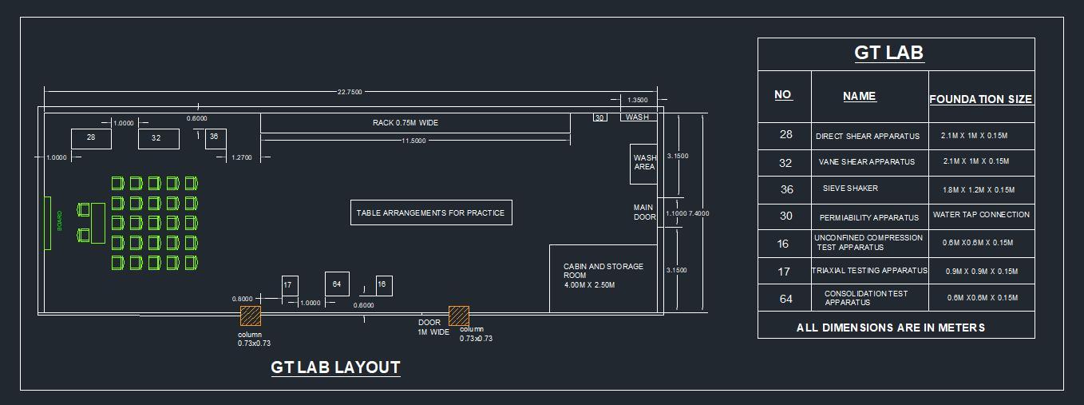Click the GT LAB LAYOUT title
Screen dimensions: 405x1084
pyautogui.click(x=335, y=367)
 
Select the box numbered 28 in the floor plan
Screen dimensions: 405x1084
pyautogui.click(x=91, y=138)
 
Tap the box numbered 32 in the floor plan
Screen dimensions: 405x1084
pyautogui.click(x=157, y=138)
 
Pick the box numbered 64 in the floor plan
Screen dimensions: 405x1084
pyautogui.click(x=337, y=284)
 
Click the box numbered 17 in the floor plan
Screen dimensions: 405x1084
pyautogui.click(x=289, y=285)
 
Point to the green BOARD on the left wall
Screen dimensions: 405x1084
pyautogui.click(x=48, y=223)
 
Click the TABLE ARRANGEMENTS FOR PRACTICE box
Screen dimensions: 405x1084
pyautogui.click(x=431, y=212)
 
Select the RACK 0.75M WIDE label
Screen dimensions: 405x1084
pyautogui.click(x=406, y=123)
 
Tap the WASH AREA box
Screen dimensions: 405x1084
pyautogui.click(x=644, y=163)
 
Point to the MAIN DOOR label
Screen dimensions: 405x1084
pyautogui.click(x=644, y=212)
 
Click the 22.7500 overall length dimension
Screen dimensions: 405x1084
pyautogui.click(x=350, y=92)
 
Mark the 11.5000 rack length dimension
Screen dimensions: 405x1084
pyautogui.click(x=413, y=141)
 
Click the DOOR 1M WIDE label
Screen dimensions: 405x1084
pyautogui.click(x=433, y=328)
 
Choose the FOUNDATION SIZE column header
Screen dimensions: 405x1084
pyautogui.click(x=981, y=99)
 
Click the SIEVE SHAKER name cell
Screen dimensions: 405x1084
pyautogui.click(x=850, y=189)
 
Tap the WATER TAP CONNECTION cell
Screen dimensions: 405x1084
pyautogui.click(x=981, y=215)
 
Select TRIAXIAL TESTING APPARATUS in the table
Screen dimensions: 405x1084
pyautogui.click(x=869, y=271)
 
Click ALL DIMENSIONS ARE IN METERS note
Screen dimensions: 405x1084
pyautogui.click(x=891, y=328)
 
